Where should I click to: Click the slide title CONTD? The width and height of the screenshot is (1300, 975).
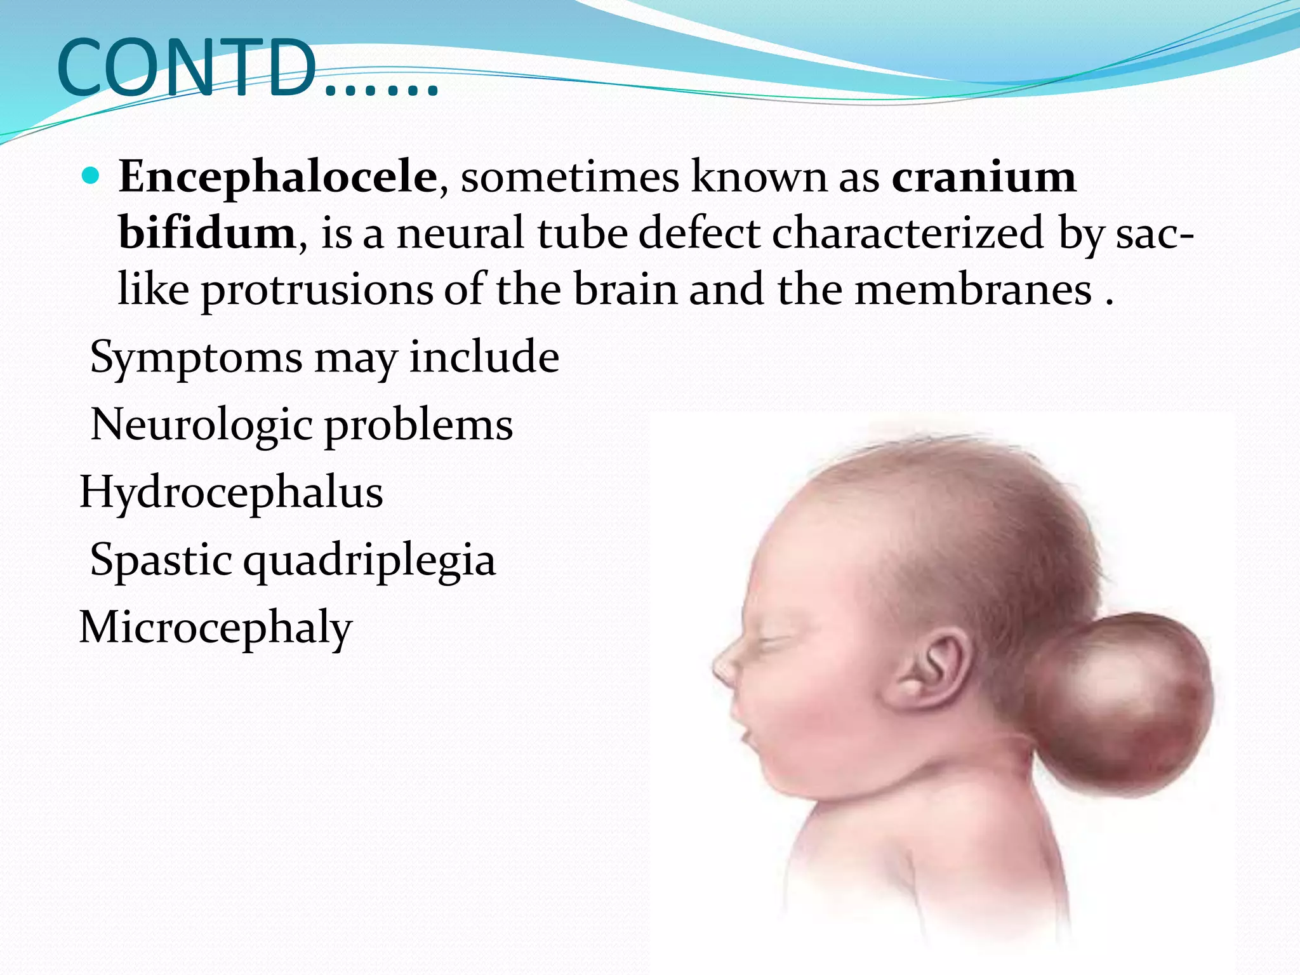click(x=248, y=69)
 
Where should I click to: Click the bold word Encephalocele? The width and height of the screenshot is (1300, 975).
click(x=277, y=176)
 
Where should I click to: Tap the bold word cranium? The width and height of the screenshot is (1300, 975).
click(x=983, y=176)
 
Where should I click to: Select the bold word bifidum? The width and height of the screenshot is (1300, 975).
click(x=207, y=233)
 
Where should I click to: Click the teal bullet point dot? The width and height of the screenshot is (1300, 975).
click(x=91, y=176)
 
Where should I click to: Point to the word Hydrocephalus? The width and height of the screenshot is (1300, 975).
click(x=231, y=493)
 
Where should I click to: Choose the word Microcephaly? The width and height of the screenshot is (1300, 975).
click(x=215, y=628)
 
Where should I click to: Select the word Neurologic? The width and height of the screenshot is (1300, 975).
click(x=201, y=425)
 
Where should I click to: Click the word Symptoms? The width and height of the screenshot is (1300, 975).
click(x=196, y=358)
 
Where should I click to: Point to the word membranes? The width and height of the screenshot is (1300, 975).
click(x=973, y=290)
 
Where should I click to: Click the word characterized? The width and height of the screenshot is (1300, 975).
click(x=908, y=233)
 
